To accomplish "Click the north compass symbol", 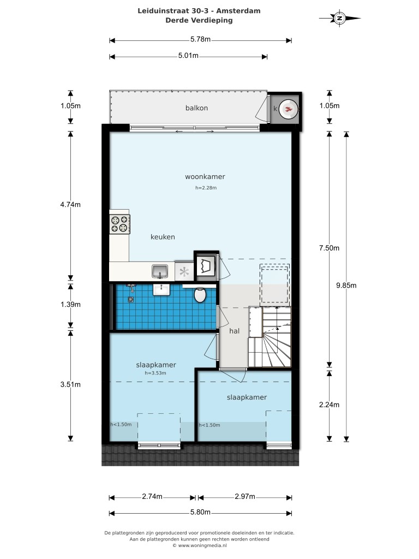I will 339,19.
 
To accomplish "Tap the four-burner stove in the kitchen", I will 120,223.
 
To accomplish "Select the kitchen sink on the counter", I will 160,270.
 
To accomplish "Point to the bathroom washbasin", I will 161,289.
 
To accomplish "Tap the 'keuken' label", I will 163,237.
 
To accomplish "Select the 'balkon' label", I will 196,108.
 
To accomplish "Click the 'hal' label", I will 234,331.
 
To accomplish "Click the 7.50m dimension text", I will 329,248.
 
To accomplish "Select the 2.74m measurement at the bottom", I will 152,497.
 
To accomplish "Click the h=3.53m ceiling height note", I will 155,373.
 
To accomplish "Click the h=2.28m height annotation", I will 206,188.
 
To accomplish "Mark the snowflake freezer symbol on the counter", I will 184,271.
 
